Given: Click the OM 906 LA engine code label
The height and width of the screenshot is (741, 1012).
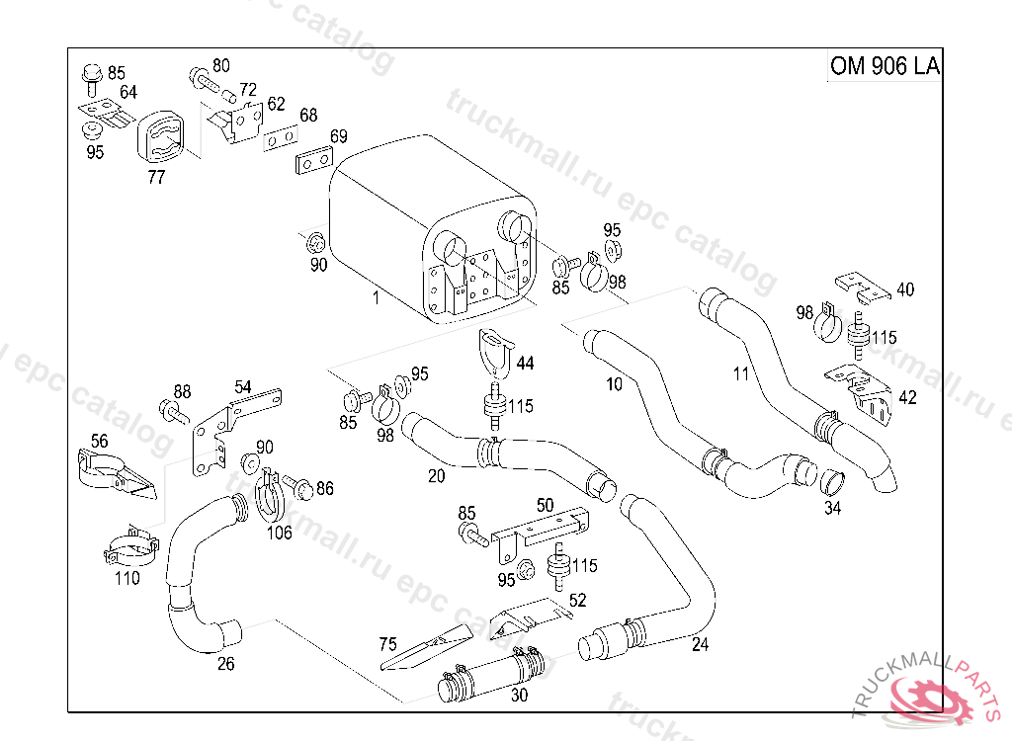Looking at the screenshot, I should (884, 66).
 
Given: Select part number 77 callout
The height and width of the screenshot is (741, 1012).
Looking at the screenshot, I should (156, 178).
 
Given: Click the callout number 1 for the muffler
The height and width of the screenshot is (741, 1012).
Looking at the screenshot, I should (376, 296).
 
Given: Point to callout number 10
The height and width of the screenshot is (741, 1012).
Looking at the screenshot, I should (615, 383).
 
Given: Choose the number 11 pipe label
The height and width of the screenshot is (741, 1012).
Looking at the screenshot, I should (741, 373).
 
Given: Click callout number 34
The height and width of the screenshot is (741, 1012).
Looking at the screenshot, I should (833, 509).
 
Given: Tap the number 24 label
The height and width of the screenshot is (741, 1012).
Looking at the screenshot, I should (700, 645).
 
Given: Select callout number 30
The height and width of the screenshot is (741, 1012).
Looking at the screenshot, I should (519, 695).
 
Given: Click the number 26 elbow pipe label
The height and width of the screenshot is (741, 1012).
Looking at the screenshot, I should (226, 664).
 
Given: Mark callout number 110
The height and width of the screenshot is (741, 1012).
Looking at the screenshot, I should (126, 579).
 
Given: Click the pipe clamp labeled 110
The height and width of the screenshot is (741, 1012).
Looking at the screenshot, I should (131, 547).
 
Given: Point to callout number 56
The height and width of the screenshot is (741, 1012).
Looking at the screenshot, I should (99, 441).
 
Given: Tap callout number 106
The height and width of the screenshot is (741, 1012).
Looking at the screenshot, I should (281, 533).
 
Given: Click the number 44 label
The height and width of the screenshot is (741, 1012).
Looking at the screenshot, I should (525, 364).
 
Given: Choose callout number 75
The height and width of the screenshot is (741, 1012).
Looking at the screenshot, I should (388, 644).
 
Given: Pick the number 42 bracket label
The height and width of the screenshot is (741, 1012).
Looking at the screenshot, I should (906, 397).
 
